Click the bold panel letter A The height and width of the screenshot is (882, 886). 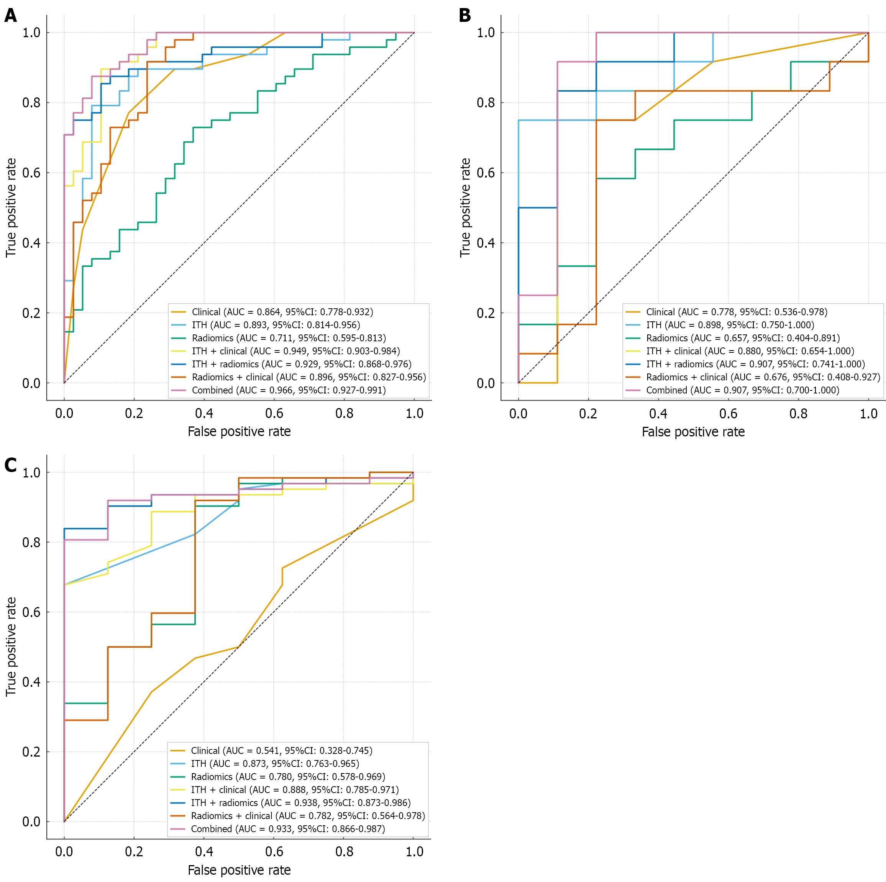[11, 16]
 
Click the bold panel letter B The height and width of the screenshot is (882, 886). [464, 16]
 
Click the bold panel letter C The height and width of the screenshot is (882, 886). [11, 465]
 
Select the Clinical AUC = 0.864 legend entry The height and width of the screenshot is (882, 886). [282, 312]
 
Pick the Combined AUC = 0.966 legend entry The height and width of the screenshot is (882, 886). [289, 390]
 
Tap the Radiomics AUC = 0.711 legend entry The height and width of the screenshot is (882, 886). [289, 338]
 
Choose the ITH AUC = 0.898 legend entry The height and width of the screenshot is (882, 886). [730, 325]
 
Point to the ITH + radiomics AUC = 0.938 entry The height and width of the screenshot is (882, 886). [300, 803]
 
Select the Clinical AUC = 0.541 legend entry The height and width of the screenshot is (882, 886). [281, 750]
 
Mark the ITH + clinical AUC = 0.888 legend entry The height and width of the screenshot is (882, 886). [294, 789]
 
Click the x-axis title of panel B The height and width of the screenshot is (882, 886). [693, 432]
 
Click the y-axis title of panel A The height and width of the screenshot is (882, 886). [11, 207]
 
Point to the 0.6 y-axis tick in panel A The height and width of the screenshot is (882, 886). [31, 173]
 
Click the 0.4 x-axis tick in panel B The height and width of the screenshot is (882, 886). [658, 413]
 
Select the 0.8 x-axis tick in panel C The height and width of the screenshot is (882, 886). [344, 852]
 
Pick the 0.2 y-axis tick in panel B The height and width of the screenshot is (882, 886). [486, 313]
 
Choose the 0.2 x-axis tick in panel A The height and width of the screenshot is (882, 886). [134, 413]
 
